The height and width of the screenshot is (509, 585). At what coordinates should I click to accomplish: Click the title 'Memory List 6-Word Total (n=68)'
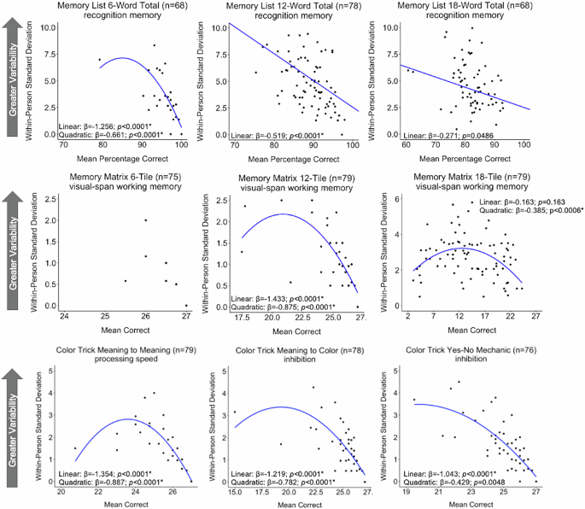120,6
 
